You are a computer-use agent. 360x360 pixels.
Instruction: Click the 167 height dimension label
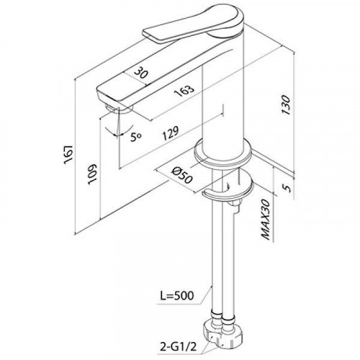pyautogui.click(x=68, y=155)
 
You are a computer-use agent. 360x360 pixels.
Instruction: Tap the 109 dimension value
pyautogui.click(x=92, y=174)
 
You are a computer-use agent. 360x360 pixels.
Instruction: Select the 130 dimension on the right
pyautogui.click(x=286, y=105)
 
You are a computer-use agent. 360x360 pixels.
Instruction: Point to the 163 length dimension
pyautogui.click(x=184, y=91)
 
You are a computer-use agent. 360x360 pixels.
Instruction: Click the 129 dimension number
pyautogui.click(x=171, y=133)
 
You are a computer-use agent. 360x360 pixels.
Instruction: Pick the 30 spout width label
pyautogui.click(x=140, y=73)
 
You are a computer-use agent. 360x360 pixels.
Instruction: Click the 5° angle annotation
pyautogui.click(x=136, y=137)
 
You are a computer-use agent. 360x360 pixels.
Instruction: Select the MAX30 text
pyautogui.click(x=266, y=220)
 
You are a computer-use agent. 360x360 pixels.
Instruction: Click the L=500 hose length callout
pyautogui.click(x=177, y=296)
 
